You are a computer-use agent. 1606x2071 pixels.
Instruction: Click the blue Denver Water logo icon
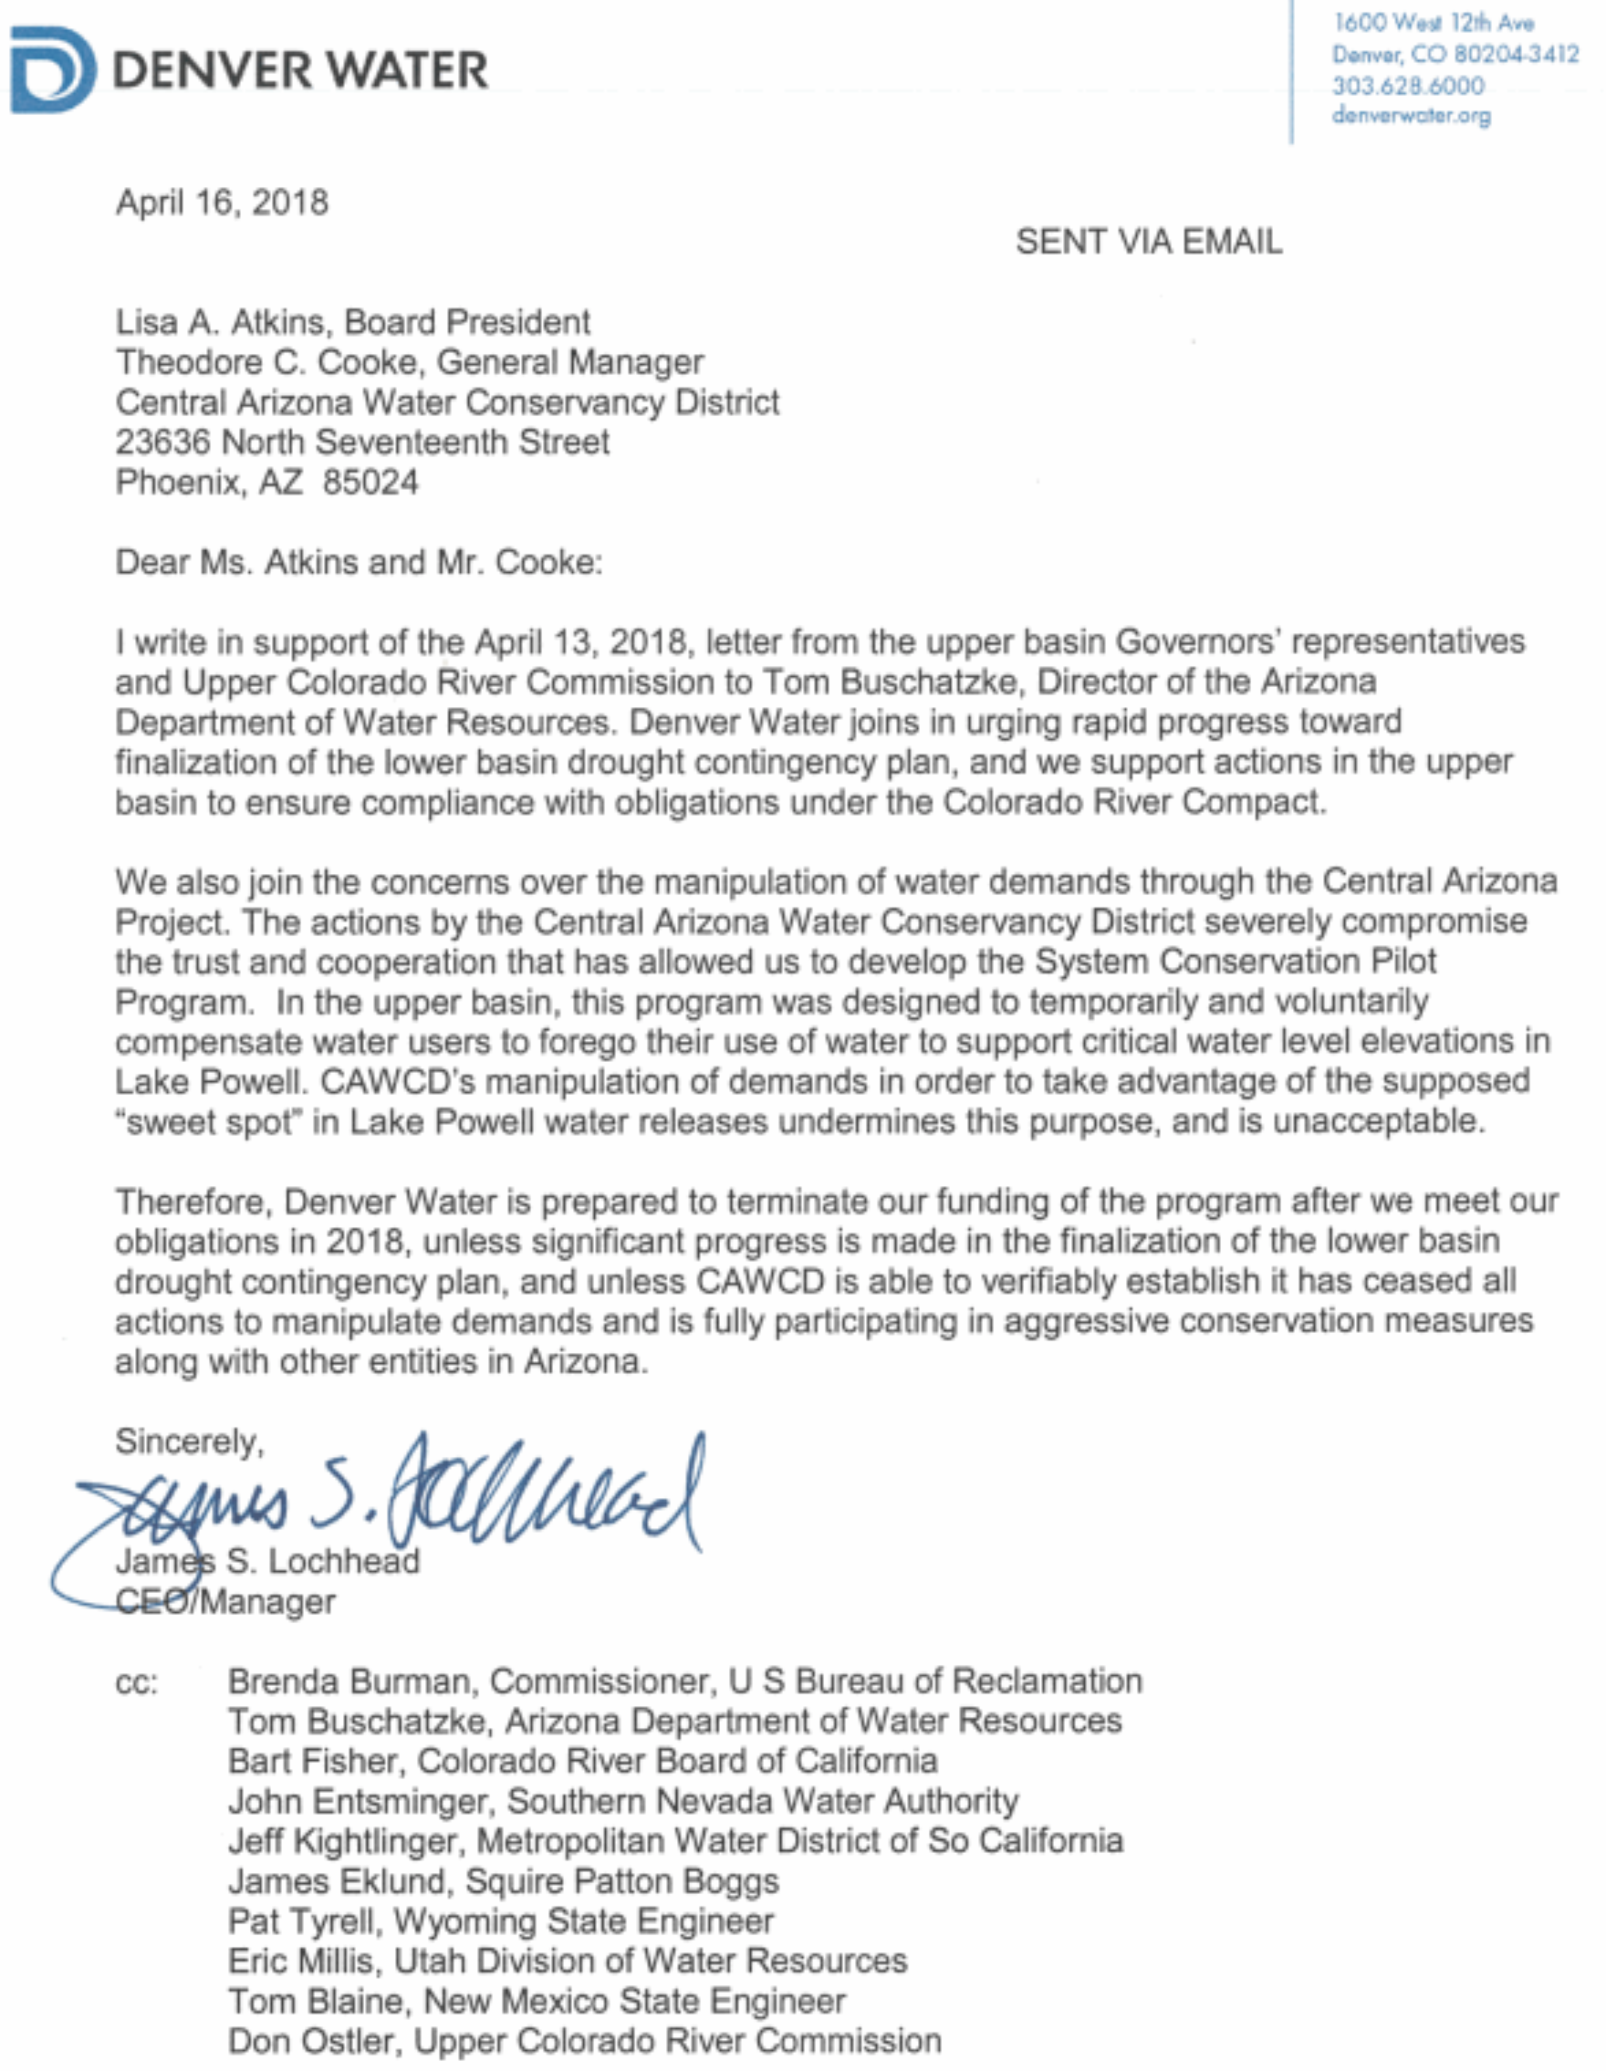(52, 70)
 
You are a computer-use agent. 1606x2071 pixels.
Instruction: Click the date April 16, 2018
(222, 203)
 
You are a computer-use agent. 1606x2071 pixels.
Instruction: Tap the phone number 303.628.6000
(1407, 87)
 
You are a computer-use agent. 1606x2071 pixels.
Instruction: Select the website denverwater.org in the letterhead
(1411, 116)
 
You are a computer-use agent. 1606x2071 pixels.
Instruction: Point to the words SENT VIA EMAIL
(1148, 242)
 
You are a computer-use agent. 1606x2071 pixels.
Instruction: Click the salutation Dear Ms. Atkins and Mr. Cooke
(359, 562)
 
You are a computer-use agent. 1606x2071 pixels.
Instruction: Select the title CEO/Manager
(225, 1602)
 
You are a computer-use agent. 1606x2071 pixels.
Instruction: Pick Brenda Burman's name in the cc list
(354, 1681)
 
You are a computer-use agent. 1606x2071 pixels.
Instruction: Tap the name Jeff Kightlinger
(346, 1840)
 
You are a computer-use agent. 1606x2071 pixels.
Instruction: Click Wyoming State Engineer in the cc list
(583, 1920)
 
